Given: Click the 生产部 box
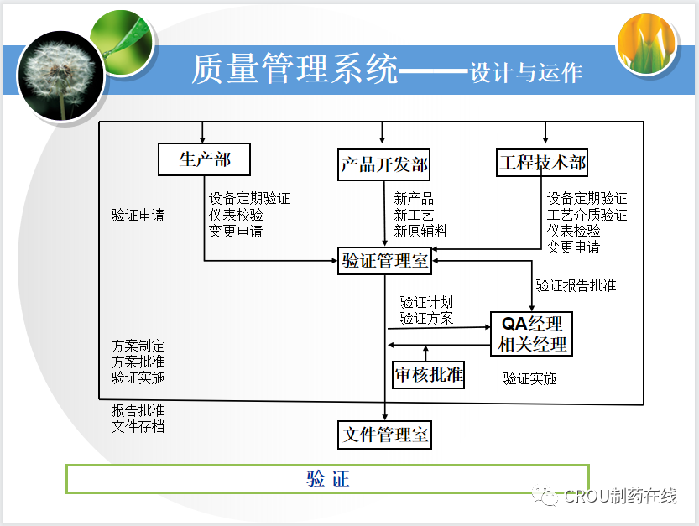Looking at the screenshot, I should tap(205, 159).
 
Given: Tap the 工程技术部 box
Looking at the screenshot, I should tap(541, 161).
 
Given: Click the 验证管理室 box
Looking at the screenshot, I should tap(385, 261).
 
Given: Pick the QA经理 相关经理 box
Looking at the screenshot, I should tap(532, 333).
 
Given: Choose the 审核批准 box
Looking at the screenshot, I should tap(429, 374).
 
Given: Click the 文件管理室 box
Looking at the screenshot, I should tap(385, 435).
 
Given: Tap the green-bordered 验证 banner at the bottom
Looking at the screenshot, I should tap(327, 479).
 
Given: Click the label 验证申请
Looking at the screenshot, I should tap(138, 215).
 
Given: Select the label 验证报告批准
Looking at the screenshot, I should tap(576, 285).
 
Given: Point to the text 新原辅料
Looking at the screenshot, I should tap(420, 231).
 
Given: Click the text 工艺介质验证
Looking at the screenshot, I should tap(587, 215).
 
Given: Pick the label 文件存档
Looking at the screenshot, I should tap(138, 426).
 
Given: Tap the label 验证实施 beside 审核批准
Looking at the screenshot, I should tap(529, 378).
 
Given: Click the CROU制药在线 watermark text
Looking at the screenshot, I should tap(620, 497).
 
